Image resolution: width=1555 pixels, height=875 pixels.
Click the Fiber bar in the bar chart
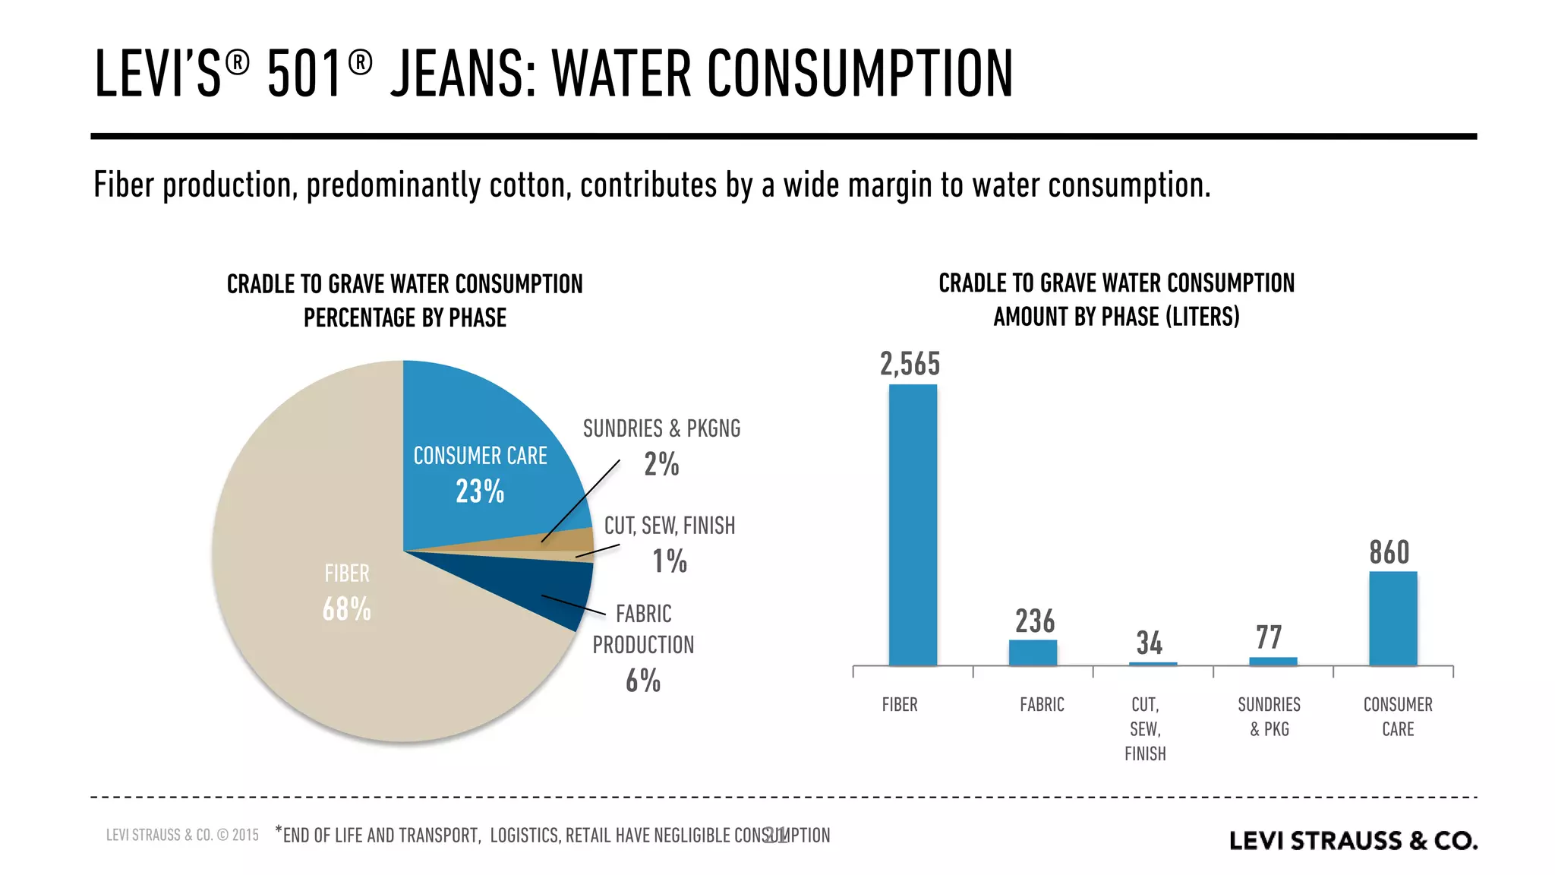coord(913,524)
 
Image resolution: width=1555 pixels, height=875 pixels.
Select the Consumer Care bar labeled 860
coord(1393,618)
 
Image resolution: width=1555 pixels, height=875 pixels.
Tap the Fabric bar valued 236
coord(1033,652)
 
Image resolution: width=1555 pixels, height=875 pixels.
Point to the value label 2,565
coord(910,365)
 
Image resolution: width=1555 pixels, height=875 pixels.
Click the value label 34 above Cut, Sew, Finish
coord(1149,643)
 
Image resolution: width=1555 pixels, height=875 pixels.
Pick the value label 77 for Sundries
coord(1269,637)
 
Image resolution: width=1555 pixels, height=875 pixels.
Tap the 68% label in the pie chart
coord(346,609)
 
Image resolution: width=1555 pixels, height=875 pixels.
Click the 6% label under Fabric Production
coord(642,681)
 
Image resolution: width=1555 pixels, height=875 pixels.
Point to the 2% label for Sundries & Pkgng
coord(661,464)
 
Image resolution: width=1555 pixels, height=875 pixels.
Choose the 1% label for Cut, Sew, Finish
coord(669,561)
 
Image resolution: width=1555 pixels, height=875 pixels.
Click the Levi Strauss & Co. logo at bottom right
coord(1353,841)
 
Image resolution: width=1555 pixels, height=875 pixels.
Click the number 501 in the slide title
coord(304,74)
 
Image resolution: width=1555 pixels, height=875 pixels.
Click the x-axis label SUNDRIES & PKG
coord(1269,716)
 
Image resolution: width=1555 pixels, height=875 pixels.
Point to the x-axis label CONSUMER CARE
coord(1397,716)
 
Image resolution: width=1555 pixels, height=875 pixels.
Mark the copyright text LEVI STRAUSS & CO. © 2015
coord(182,836)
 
